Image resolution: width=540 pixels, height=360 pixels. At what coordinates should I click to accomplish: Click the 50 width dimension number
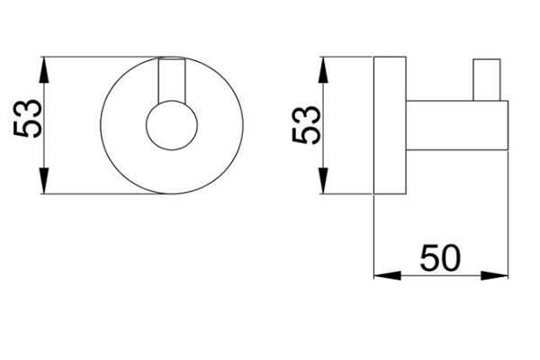pos(440,257)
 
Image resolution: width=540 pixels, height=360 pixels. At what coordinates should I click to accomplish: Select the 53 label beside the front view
pos(28,119)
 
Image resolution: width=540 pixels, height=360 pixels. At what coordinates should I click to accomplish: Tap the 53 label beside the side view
pos(306,125)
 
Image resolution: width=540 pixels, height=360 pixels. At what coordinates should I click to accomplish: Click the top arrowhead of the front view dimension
pos(44,70)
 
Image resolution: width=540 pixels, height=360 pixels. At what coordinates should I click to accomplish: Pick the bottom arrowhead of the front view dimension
pos(44,181)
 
